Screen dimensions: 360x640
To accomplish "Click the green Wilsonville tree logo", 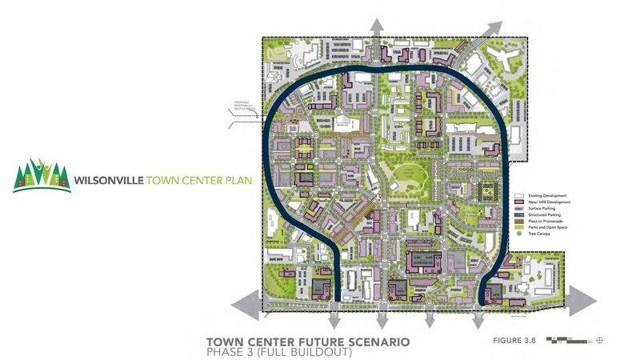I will pos(41,175).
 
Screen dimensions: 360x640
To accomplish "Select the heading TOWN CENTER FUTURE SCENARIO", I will pos(308,342).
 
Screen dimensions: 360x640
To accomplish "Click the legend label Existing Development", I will pos(546,195).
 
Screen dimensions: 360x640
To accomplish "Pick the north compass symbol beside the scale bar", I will pos(599,340).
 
